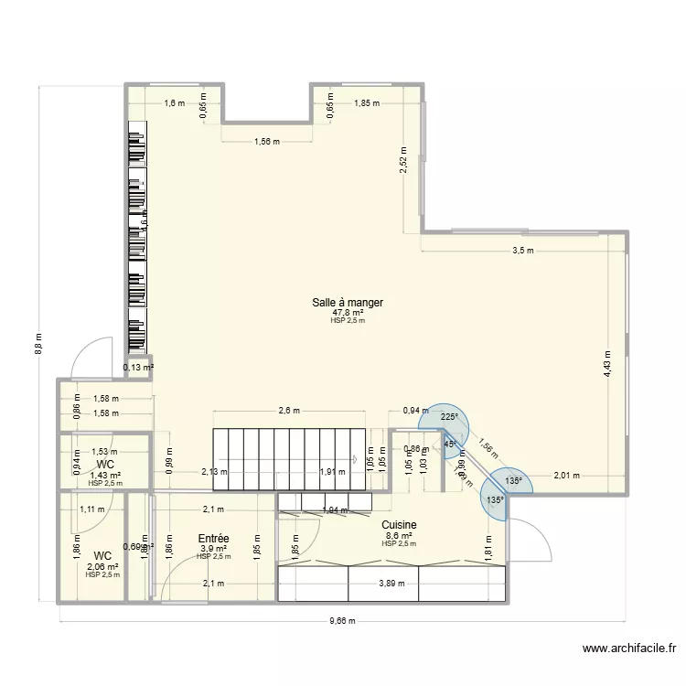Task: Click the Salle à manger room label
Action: pyautogui.click(x=347, y=302)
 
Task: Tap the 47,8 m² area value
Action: pyautogui.click(x=347, y=313)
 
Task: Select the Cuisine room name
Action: pyautogui.click(x=400, y=525)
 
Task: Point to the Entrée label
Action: pyautogui.click(x=213, y=539)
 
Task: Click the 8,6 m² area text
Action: pyautogui.click(x=400, y=536)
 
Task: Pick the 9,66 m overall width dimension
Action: pyautogui.click(x=344, y=619)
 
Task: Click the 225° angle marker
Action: pyautogui.click(x=448, y=417)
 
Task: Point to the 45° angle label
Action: pyautogui.click(x=450, y=445)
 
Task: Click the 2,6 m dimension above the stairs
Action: pyautogui.click(x=289, y=411)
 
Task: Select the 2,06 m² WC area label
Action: pyautogui.click(x=102, y=567)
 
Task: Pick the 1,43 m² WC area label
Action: pyautogui.click(x=105, y=475)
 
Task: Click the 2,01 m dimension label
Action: pyautogui.click(x=566, y=476)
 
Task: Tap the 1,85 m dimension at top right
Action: pyautogui.click(x=367, y=103)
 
